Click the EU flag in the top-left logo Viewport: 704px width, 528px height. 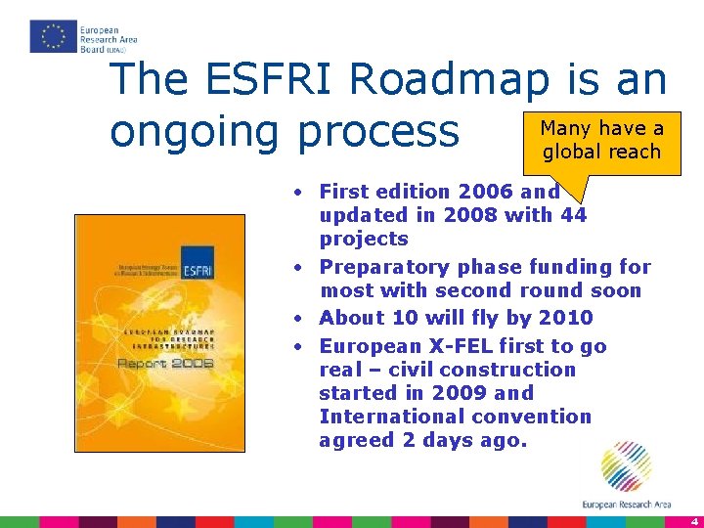[53, 36]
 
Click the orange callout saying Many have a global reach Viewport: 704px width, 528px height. [601, 140]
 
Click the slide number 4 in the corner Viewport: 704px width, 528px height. [691, 521]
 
